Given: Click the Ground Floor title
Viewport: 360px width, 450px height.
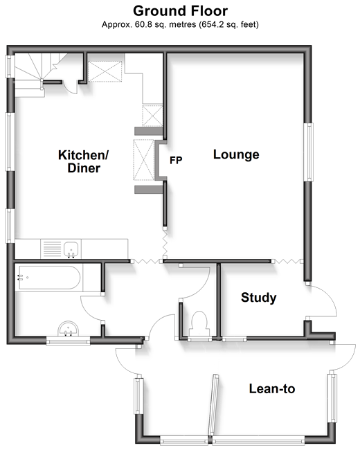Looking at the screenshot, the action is coord(180,11).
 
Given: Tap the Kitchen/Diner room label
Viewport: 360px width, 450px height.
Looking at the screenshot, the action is coord(84,161).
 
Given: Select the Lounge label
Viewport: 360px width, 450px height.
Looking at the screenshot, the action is coord(236,155).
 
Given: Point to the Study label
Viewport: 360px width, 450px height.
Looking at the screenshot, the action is coord(259,298).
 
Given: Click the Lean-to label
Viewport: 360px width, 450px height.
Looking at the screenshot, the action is coord(272,389).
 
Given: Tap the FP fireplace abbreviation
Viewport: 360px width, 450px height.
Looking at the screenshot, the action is coord(176,160).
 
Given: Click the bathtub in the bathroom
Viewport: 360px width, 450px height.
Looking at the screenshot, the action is coord(49,278).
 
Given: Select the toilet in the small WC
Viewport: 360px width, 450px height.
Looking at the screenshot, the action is coord(199,323).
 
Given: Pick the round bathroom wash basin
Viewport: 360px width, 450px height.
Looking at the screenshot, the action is coord(68,329).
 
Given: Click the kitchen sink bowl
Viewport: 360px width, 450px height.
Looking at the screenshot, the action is coord(71,249).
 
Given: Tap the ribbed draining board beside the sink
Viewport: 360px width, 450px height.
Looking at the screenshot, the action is coord(52,249).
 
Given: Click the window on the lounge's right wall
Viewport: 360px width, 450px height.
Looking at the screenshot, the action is coord(309,152).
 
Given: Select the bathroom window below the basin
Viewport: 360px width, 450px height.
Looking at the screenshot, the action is coord(68,341).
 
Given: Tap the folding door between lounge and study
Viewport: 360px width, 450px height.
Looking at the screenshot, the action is coord(287,261).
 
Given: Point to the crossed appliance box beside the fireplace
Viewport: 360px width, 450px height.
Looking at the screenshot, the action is coord(144,160).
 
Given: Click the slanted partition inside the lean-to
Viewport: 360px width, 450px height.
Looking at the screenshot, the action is coord(214,405).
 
